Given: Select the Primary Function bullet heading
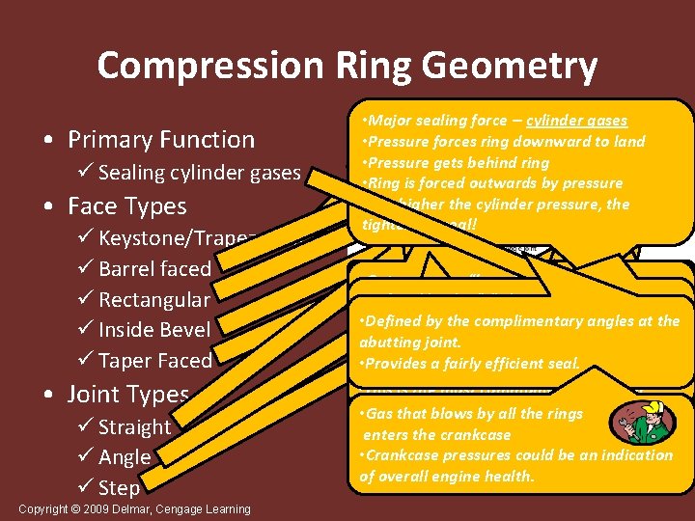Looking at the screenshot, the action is pyautogui.click(x=161, y=140).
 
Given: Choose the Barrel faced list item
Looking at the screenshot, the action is pyautogui.click(x=154, y=268).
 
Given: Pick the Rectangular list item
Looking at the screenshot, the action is pyautogui.click(x=154, y=299).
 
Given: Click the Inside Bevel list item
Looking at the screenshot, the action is pyautogui.click(x=154, y=330).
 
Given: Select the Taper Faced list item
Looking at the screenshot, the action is pyautogui.click(x=155, y=361).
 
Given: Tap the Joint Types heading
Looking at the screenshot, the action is pyautogui.click(x=127, y=395).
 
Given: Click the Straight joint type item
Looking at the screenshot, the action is pyautogui.click(x=134, y=426).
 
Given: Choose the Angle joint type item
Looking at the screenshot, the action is pyautogui.click(x=125, y=457).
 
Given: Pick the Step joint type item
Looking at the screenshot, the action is pyautogui.click(x=119, y=488).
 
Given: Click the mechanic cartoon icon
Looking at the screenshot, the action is pyautogui.click(x=648, y=423).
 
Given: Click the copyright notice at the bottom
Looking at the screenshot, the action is pyautogui.click(x=134, y=509).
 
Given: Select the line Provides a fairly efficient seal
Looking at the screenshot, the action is pyautogui.click(x=469, y=364).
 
